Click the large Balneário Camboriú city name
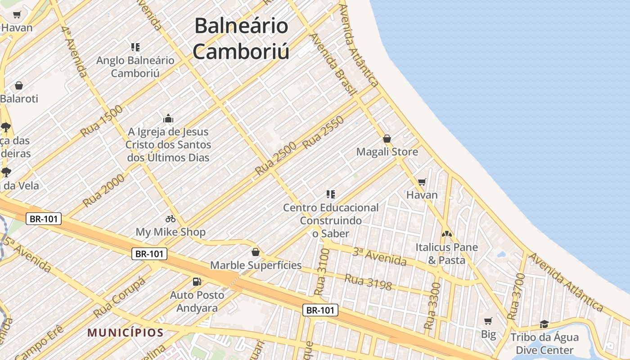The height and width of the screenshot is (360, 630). [241, 39]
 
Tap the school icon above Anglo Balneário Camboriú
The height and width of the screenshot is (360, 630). [135, 47]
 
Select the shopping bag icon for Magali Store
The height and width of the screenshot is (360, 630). [387, 139]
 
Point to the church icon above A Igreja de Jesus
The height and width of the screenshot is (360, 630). [168, 119]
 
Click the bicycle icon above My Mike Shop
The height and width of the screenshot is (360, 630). [171, 219]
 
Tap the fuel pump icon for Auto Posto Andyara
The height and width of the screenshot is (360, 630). [197, 282]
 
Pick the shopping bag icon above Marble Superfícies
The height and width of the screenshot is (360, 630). [256, 252]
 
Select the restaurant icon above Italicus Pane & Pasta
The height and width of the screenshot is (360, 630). [446, 234]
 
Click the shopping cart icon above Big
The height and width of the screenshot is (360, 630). [488, 321]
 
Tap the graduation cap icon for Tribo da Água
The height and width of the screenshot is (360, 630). [544, 324]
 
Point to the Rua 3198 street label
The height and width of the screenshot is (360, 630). [368, 282]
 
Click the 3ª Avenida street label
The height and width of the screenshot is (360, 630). [379, 256]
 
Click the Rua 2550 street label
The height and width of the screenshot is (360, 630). [324, 132]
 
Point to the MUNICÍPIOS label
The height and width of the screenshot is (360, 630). [125, 333]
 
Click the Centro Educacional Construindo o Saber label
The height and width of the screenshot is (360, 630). [331, 220]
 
